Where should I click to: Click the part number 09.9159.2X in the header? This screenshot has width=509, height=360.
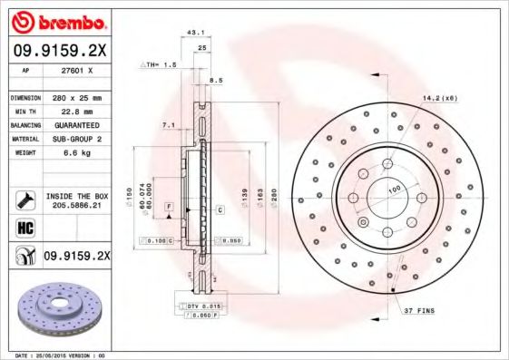[x=60, y=50]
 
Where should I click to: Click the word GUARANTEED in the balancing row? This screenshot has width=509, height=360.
[x=75, y=124]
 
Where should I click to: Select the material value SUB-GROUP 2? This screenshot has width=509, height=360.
[x=75, y=139]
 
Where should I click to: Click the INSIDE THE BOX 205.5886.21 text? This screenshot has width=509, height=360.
[x=75, y=200]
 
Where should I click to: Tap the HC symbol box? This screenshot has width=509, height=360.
[x=24, y=227]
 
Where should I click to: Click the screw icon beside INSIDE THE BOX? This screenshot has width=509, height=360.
[x=24, y=200]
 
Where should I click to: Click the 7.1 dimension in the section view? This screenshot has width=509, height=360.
[x=168, y=123]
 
